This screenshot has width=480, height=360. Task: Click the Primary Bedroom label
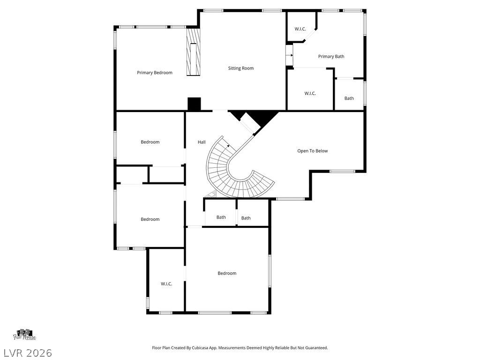click(x=154, y=73)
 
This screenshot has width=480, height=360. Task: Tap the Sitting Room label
click(x=240, y=68)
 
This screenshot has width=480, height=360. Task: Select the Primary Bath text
click(x=331, y=57)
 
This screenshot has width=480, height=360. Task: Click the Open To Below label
click(x=312, y=151)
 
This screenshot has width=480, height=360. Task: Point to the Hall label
click(x=202, y=142)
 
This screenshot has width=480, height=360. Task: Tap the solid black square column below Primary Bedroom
click(x=194, y=104)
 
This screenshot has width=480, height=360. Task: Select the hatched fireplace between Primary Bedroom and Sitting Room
click(x=194, y=52)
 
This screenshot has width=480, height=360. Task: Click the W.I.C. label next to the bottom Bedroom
click(x=166, y=284)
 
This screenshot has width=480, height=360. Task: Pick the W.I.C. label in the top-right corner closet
click(x=300, y=29)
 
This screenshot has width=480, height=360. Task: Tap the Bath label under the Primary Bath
click(x=349, y=98)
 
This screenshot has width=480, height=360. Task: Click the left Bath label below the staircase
click(x=221, y=217)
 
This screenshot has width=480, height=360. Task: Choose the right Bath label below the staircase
click(x=246, y=218)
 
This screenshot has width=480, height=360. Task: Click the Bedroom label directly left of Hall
click(x=150, y=142)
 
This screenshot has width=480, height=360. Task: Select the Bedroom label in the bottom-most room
click(x=227, y=273)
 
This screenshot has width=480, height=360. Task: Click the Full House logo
click(x=24, y=335)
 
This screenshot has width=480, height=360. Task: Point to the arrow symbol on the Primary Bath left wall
click(x=289, y=55)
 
